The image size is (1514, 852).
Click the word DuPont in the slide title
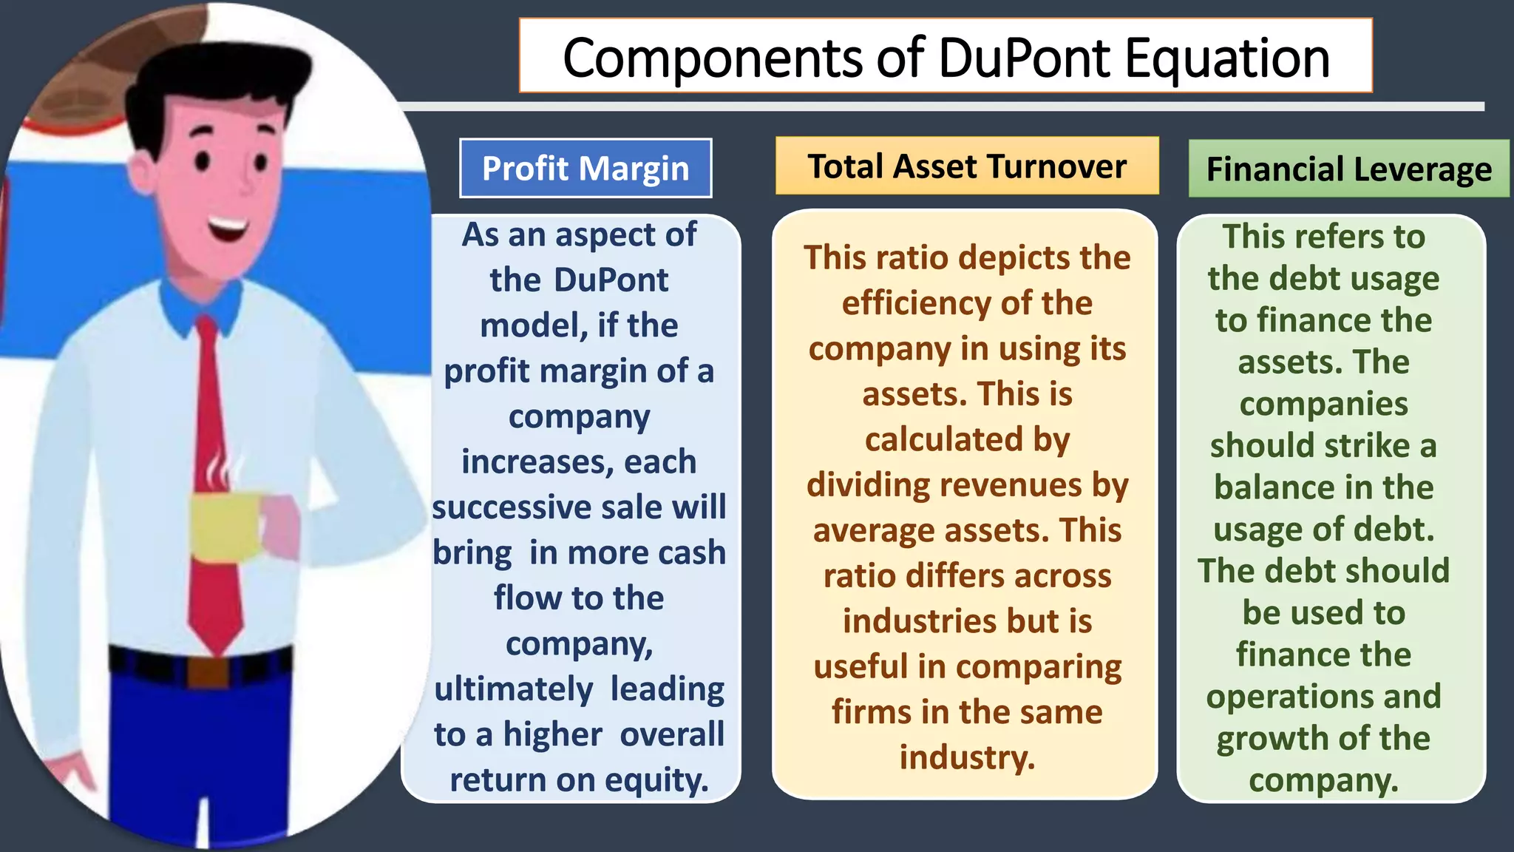pos(1025,58)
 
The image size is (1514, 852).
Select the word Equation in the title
pos(1227,59)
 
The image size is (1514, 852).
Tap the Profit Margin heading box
pos(585,168)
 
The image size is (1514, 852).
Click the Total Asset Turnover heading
pos(967,166)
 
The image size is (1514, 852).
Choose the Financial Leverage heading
pos(1348,169)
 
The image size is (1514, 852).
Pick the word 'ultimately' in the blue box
pos(513,689)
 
